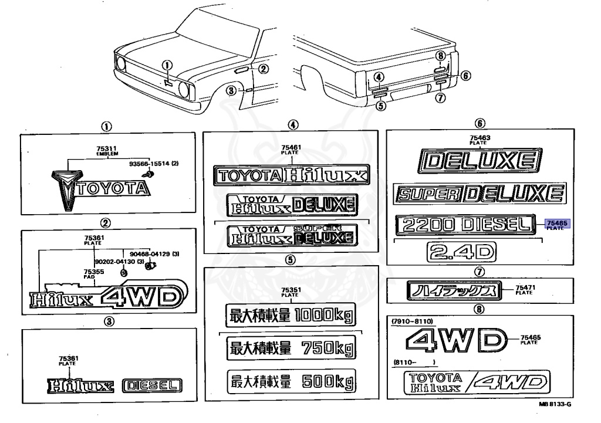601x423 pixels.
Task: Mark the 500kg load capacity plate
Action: coord(291,383)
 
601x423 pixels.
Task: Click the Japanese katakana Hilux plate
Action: coord(451,290)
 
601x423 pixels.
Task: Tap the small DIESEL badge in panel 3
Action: coord(153,385)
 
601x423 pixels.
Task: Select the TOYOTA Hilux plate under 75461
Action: coord(291,174)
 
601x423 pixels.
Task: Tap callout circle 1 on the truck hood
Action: coord(167,66)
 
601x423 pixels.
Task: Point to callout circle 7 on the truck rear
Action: coord(441,98)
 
